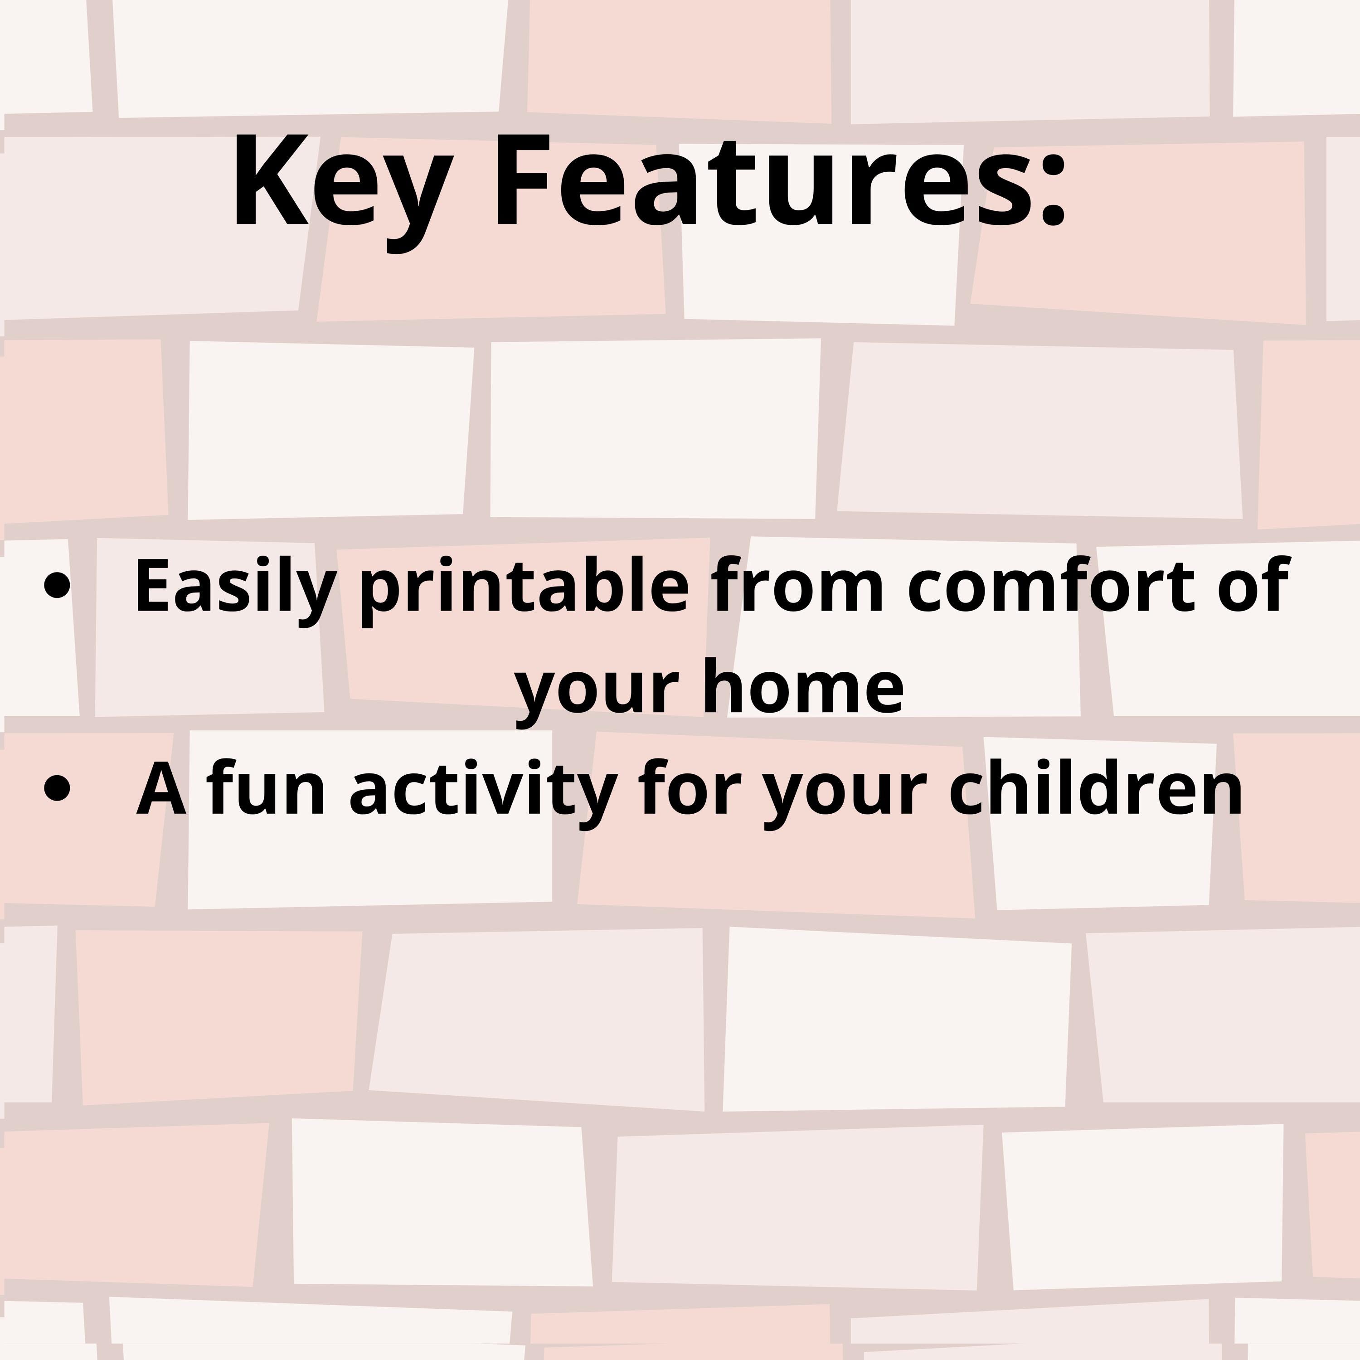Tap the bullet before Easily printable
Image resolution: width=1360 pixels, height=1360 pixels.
pos(57,586)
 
